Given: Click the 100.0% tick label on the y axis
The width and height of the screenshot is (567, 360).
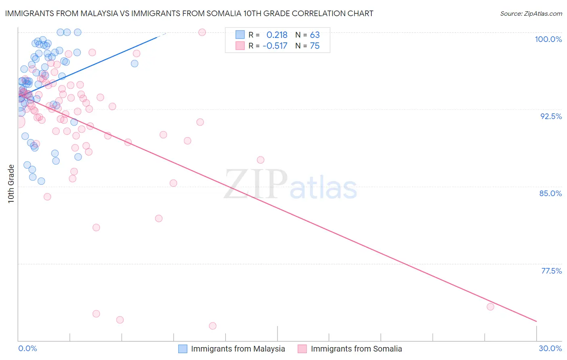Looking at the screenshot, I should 548,39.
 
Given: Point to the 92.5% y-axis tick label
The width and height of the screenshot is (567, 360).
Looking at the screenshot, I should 551,116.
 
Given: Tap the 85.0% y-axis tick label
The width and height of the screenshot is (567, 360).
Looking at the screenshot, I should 550,193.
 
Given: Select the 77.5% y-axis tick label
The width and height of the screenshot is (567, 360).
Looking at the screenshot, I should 551,271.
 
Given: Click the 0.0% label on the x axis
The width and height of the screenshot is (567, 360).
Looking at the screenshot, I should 27,348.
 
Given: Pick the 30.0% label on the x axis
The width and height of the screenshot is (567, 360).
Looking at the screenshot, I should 550,348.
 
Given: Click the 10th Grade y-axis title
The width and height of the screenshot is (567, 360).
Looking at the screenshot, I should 11,184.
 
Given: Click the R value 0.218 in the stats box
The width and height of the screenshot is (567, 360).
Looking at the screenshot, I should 277,35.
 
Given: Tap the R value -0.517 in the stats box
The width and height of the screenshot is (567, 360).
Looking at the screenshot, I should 275,46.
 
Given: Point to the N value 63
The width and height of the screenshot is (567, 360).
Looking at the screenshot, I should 315,35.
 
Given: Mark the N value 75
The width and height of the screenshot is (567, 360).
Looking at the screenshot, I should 315,46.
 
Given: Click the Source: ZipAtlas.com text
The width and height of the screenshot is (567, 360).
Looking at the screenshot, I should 531,14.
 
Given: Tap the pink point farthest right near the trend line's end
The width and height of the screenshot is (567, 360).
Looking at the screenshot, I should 490,307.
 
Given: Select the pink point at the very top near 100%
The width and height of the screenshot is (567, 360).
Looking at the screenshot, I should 202,32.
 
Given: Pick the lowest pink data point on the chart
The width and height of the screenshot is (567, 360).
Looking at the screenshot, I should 213,326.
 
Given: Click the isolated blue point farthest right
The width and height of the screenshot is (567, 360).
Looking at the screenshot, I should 135,63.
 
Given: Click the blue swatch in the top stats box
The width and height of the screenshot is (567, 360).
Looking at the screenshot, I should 240,35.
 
